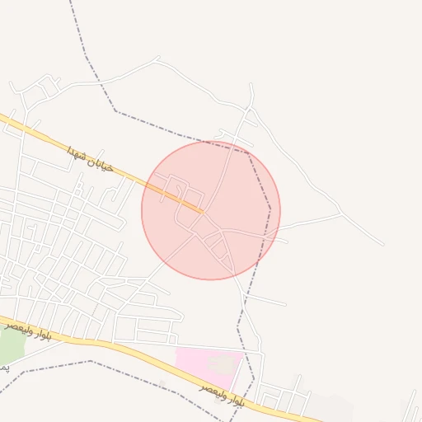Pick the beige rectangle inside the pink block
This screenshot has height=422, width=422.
221,363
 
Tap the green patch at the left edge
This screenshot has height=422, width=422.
10,346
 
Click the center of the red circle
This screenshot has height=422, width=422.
211,210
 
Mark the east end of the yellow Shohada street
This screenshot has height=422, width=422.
202,211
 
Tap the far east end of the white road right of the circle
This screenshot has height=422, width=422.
382,244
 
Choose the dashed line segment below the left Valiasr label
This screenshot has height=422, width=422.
49,368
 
